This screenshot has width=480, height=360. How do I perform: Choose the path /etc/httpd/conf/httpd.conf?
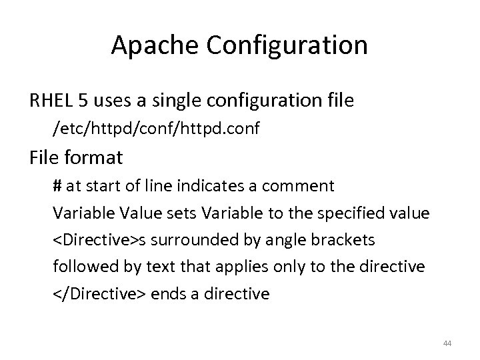[155, 128]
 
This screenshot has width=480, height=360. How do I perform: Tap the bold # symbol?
[57, 185]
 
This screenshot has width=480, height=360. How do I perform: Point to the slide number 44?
[447, 343]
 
